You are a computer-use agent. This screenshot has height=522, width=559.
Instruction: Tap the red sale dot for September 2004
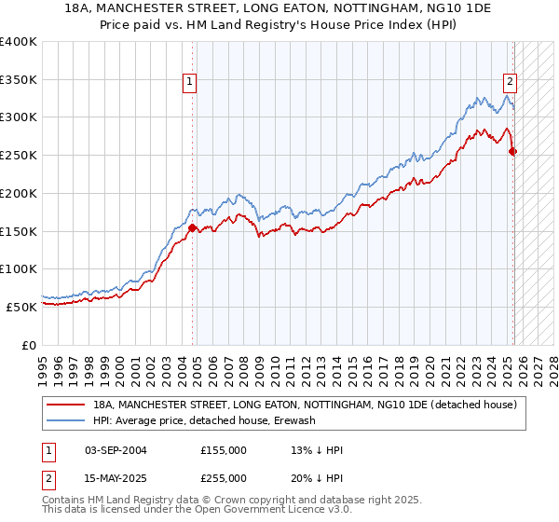tap(193, 227)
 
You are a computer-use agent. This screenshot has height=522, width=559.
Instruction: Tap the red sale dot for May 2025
tap(513, 151)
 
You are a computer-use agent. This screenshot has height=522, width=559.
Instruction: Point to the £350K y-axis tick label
tap(19, 79)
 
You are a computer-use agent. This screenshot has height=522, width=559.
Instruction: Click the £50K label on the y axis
tap(22, 306)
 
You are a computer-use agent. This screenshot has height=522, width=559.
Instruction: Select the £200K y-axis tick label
tap(19, 193)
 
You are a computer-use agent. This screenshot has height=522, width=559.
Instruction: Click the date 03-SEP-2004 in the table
tap(116, 451)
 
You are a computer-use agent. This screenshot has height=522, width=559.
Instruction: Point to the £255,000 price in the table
tap(224, 478)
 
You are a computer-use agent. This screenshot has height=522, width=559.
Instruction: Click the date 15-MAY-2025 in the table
tap(116, 478)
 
